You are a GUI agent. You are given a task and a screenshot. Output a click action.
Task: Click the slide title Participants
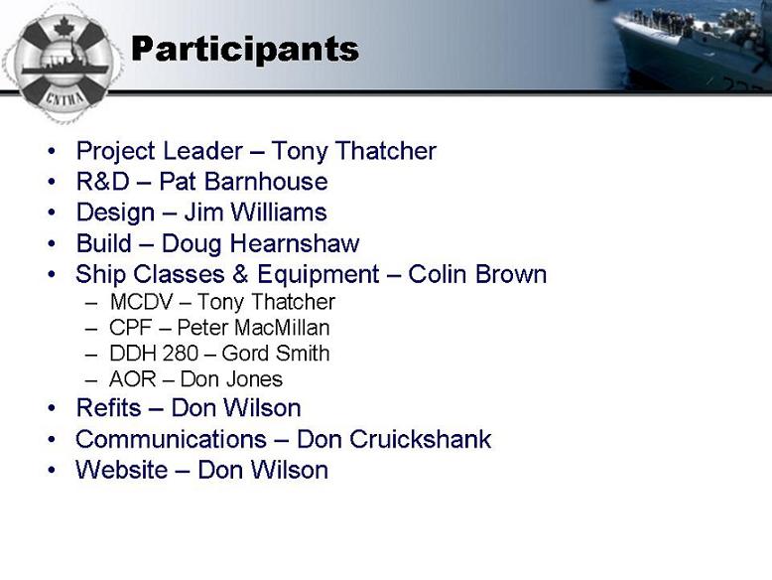click(245, 50)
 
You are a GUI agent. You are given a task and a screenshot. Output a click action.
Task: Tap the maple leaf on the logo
click(64, 27)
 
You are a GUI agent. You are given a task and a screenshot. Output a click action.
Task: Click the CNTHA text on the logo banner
click(64, 98)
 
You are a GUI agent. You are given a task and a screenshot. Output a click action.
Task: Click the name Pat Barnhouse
click(243, 182)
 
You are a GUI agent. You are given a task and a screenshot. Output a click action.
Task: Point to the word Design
click(116, 213)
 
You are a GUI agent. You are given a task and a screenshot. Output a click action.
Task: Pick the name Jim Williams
click(255, 212)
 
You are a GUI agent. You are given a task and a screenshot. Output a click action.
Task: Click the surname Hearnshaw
click(295, 243)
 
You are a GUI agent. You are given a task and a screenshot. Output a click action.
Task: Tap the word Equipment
click(319, 275)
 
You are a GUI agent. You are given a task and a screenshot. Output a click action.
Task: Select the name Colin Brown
click(477, 274)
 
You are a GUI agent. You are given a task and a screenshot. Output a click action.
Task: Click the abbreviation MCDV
click(142, 302)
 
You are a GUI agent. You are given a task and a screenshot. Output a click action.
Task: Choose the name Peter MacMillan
click(253, 328)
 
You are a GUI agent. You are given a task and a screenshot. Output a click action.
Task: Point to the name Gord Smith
click(275, 354)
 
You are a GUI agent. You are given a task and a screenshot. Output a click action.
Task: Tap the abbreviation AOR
click(132, 379)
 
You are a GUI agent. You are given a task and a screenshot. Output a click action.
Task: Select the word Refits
click(109, 408)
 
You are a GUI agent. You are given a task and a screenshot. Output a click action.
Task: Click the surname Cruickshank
click(421, 439)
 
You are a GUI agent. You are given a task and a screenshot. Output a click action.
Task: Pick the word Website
click(122, 470)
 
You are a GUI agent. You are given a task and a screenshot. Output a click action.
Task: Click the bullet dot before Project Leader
click(52, 151)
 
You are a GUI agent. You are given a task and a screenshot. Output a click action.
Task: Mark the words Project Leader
click(160, 151)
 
